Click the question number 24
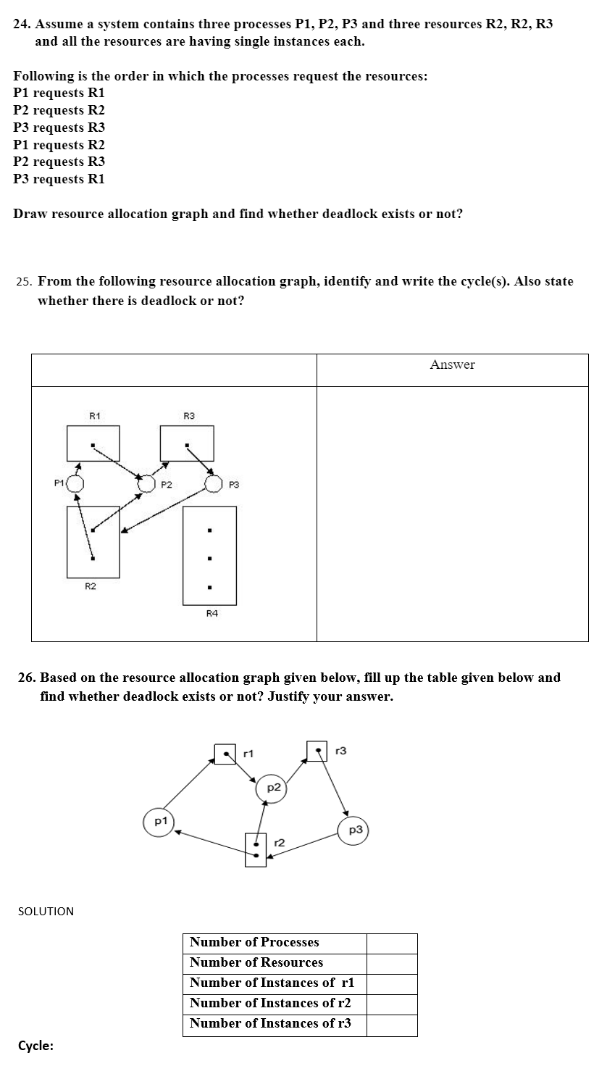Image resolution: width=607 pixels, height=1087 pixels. pos(22,24)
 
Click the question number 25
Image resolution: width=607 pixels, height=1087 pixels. pos(24,281)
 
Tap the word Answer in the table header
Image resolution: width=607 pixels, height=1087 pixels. pos(452,365)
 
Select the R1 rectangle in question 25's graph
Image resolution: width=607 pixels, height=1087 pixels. pos(93,443)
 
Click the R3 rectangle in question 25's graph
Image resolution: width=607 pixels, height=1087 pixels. pos(187,443)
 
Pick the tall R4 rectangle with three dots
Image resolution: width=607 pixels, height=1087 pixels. pos(209,555)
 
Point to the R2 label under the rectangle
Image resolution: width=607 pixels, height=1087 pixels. pos(91,586)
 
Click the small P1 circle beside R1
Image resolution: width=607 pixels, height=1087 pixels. pos(75,483)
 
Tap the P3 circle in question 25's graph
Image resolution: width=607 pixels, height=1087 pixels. pos(214,483)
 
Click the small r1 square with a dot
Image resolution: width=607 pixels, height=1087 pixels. pos(225,753)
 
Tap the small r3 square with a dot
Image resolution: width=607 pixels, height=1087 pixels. pos(317,751)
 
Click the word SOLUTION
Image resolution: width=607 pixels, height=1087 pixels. pos(46,911)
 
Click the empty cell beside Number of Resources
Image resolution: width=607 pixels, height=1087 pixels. pos(392,963)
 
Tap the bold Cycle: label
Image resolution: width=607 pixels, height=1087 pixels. pos(35,1046)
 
